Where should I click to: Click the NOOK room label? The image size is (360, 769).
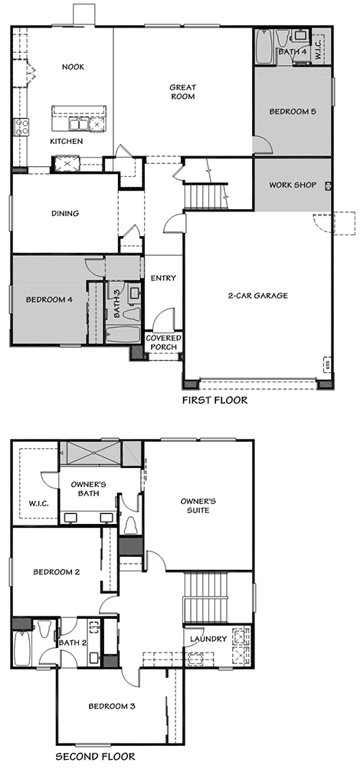click(73, 67)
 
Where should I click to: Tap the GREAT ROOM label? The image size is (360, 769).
click(182, 92)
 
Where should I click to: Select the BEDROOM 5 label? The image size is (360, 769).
click(293, 111)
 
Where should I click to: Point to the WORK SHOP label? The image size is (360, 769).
click(293, 185)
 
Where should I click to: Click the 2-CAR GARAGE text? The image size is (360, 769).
click(257, 296)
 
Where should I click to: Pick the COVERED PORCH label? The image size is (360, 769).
click(164, 342)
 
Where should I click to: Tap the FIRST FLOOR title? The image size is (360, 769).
click(214, 400)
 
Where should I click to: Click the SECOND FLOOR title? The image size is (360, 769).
click(95, 757)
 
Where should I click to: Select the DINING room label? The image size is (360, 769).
click(65, 214)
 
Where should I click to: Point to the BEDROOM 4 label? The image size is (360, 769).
click(49, 299)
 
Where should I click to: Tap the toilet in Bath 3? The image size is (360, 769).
click(131, 312)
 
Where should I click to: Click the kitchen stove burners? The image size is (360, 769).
click(21, 126)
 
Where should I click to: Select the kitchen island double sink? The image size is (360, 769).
click(78, 123)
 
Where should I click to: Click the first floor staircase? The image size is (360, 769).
click(206, 196)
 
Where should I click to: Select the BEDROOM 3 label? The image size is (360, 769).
click(112, 706)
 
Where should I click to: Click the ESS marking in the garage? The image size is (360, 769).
click(326, 365)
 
